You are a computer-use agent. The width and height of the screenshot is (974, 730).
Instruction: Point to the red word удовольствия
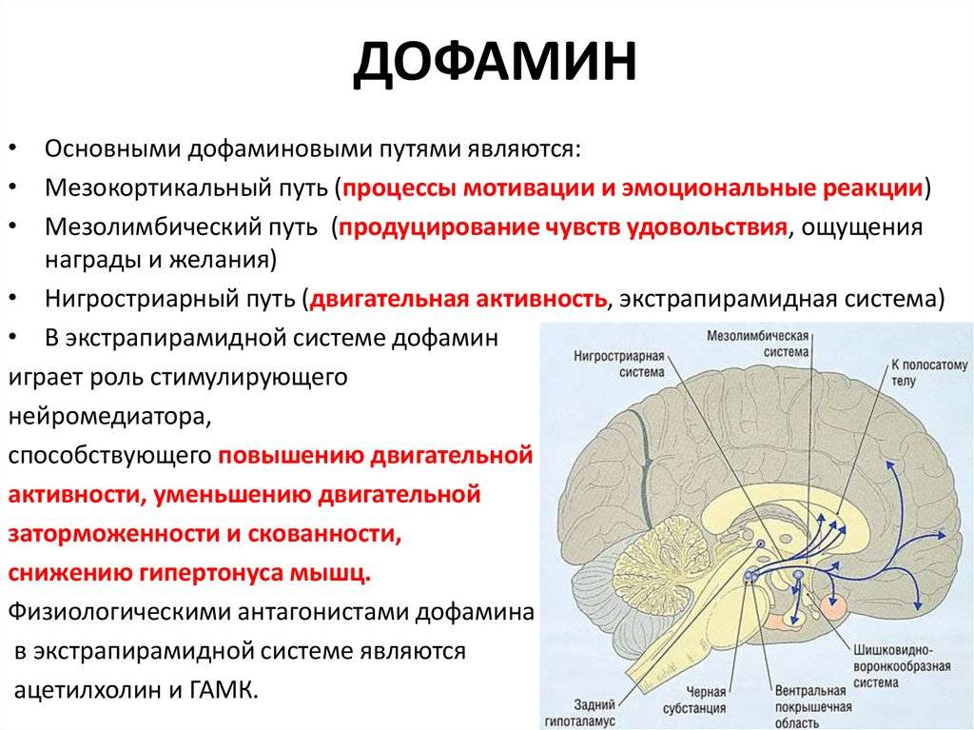(707, 227)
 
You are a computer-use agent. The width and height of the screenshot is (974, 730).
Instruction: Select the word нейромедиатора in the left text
(110, 417)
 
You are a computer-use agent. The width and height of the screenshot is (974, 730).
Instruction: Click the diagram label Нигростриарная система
(619, 365)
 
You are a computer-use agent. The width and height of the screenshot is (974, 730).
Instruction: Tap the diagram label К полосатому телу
(928, 372)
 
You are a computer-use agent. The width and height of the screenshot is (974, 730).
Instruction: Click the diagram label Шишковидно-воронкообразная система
(902, 666)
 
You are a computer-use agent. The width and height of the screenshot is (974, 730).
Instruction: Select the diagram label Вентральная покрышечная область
(813, 707)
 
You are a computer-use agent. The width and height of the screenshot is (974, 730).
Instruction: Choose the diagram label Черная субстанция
(694, 700)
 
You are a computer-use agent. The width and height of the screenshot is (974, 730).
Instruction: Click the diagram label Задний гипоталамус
(580, 713)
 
